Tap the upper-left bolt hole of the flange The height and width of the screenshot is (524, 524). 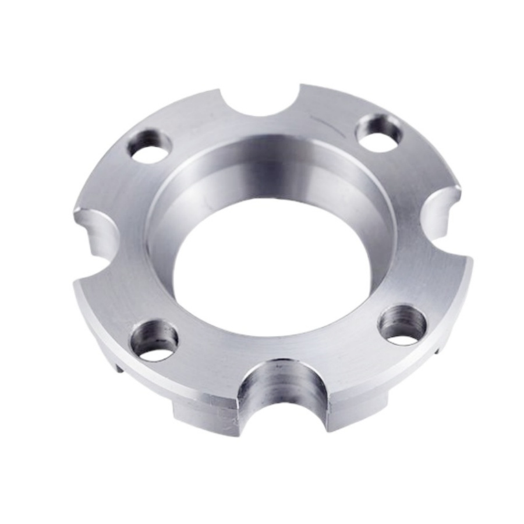(150, 146)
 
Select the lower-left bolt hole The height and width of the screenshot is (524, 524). (154, 340)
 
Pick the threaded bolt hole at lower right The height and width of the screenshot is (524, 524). (401, 325)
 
